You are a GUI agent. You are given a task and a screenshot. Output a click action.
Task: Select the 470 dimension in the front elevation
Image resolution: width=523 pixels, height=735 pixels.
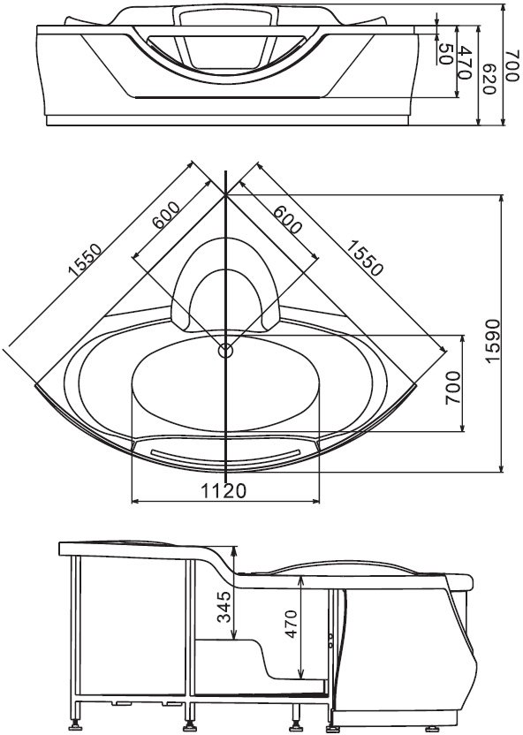pos(464,63)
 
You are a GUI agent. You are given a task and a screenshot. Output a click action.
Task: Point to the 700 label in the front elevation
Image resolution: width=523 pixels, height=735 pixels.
pos(513,65)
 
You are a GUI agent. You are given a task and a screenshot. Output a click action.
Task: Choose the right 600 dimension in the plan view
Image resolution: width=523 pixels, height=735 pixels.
pos(287,219)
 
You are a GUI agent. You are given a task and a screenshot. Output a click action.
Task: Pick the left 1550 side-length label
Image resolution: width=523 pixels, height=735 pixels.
pos(85,258)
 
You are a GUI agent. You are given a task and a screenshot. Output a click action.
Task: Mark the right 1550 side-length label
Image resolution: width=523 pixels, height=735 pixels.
pos(365,257)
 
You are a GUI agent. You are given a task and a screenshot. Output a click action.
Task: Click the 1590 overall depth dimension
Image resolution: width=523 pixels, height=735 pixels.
pos(492,341)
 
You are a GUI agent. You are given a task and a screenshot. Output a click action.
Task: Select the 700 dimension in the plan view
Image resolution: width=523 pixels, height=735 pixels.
pos(453,388)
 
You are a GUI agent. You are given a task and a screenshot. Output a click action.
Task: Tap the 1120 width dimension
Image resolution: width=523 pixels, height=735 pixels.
pos(224,491)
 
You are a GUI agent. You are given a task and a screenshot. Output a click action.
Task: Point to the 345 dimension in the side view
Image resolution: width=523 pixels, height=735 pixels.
pos(225,607)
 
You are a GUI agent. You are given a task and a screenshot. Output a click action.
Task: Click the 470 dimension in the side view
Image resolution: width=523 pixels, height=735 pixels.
pos(291,624)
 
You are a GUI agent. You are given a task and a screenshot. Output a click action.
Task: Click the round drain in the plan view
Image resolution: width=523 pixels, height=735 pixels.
pos(226,350)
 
